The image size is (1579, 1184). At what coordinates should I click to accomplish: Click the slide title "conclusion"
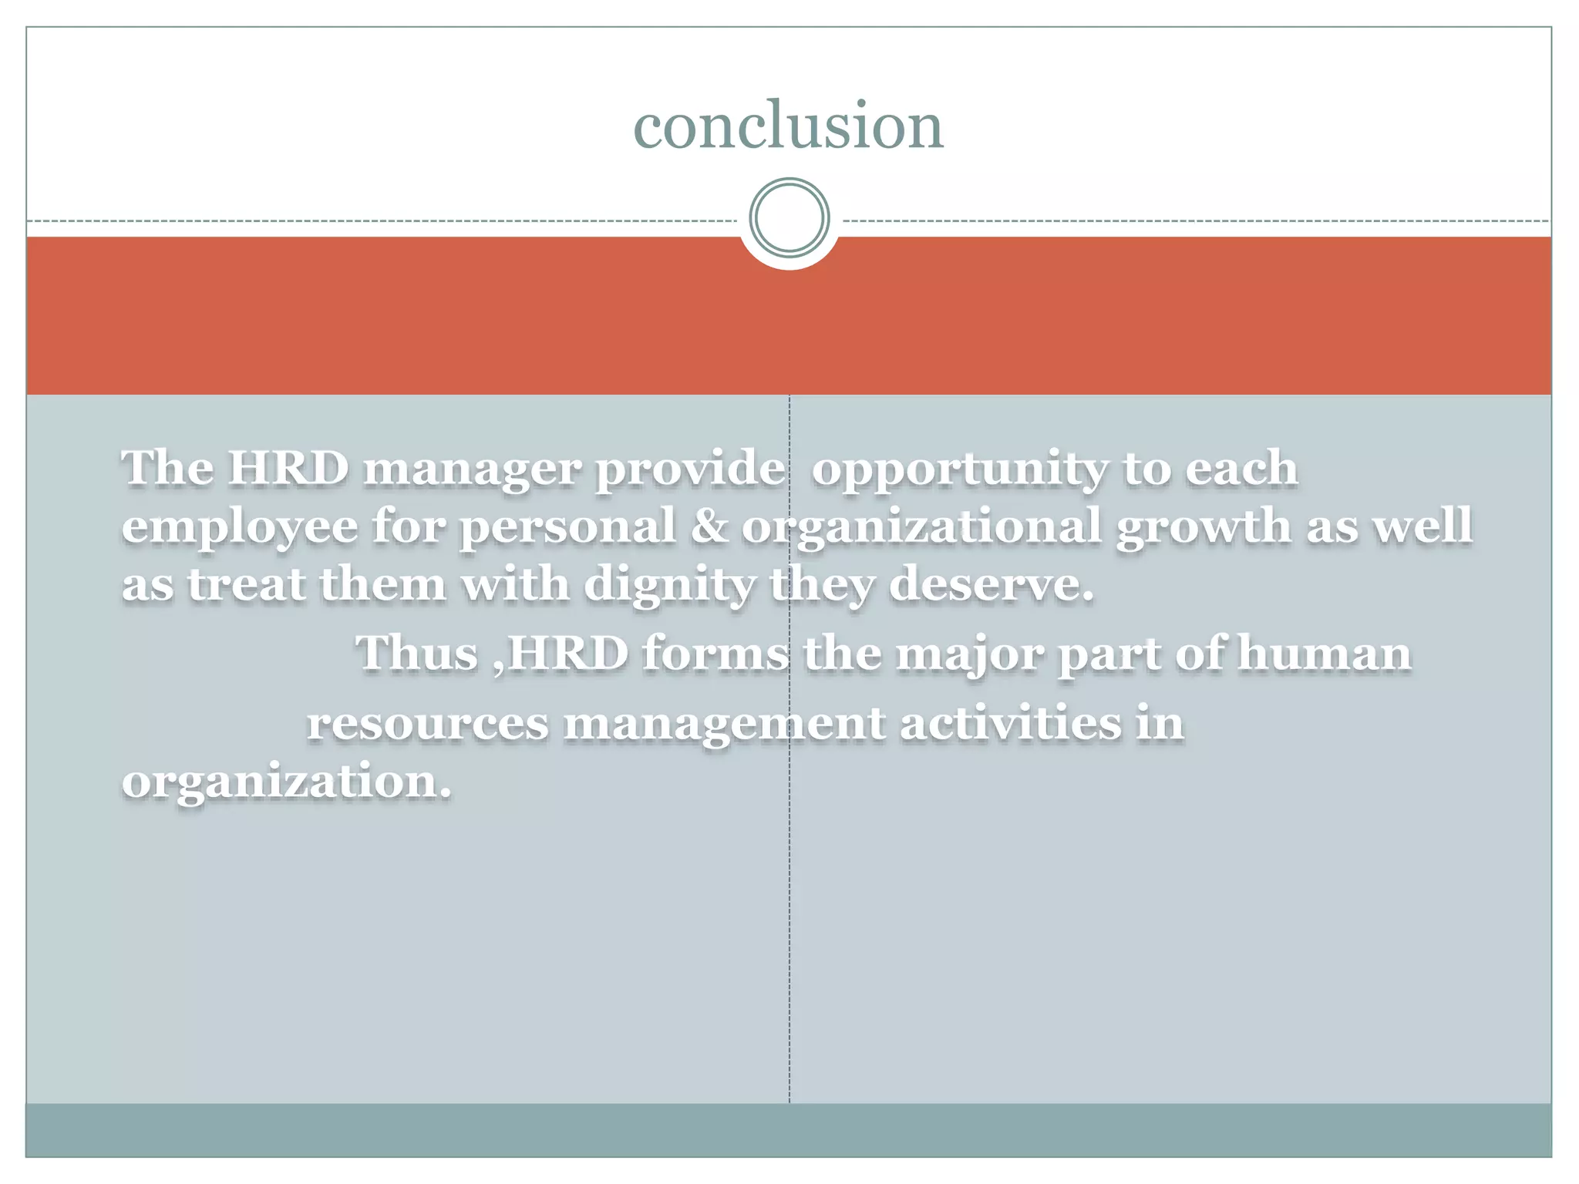pyautogui.click(x=788, y=126)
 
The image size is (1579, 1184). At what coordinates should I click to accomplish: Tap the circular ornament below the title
pyautogui.click(x=789, y=217)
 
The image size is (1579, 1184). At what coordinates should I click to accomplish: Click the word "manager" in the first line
pyautogui.click(x=471, y=469)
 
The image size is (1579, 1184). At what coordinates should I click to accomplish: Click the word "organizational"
pyautogui.click(x=921, y=527)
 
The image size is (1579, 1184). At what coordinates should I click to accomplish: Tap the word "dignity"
pyautogui.click(x=669, y=585)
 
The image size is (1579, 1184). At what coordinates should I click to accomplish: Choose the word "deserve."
pyautogui.click(x=991, y=584)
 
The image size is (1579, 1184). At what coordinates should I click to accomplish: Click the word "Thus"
pyautogui.click(x=416, y=653)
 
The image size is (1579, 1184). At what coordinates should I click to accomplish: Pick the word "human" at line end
pyautogui.click(x=1324, y=653)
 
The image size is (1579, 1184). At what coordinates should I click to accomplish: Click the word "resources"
pyautogui.click(x=428, y=724)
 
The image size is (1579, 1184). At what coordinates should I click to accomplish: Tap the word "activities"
pyautogui.click(x=1011, y=723)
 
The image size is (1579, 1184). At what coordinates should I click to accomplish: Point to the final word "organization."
pyautogui.click(x=286, y=782)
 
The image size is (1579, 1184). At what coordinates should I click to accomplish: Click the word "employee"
pyautogui.click(x=240, y=527)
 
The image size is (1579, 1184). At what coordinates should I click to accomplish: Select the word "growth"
pyautogui.click(x=1203, y=527)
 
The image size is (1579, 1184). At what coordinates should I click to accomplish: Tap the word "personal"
pyautogui.click(x=567, y=527)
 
